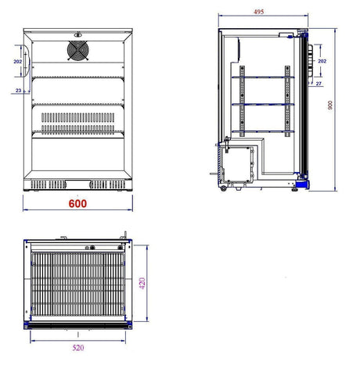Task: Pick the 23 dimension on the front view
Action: (x=16, y=92)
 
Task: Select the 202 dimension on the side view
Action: (x=322, y=59)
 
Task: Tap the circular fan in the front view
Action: (x=77, y=52)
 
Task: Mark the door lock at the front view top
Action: (x=77, y=34)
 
